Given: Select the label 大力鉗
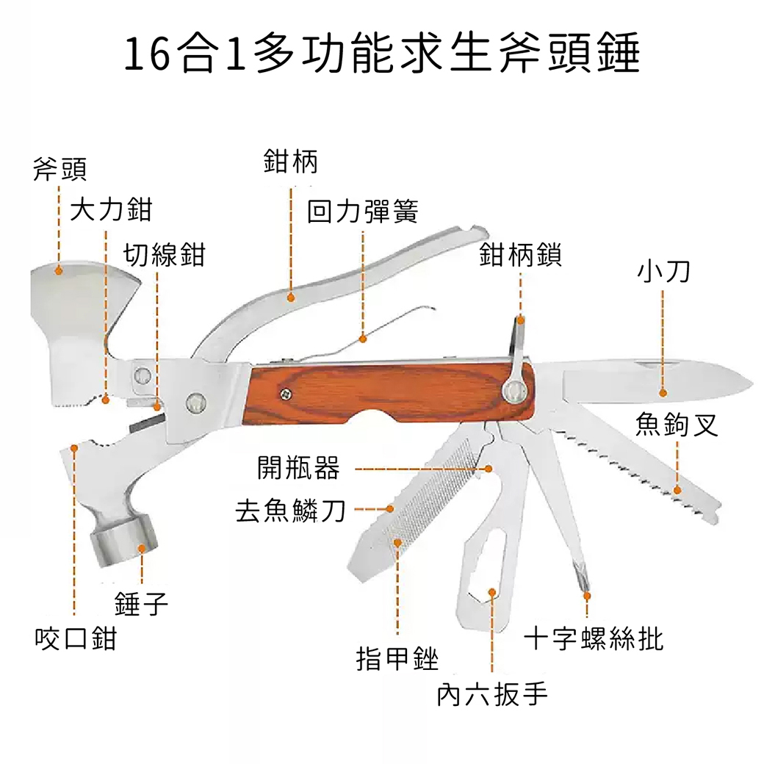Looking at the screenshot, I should [111, 210].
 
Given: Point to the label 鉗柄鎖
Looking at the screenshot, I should [520, 255].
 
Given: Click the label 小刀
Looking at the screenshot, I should [663, 273].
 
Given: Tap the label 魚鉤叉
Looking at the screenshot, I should [677, 424].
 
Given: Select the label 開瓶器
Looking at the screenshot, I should [299, 467].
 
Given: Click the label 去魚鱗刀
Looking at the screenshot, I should [289, 509].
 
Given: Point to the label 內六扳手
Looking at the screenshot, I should [491, 693].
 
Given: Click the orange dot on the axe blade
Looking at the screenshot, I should [60, 270].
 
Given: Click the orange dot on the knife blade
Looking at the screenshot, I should [663, 393].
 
